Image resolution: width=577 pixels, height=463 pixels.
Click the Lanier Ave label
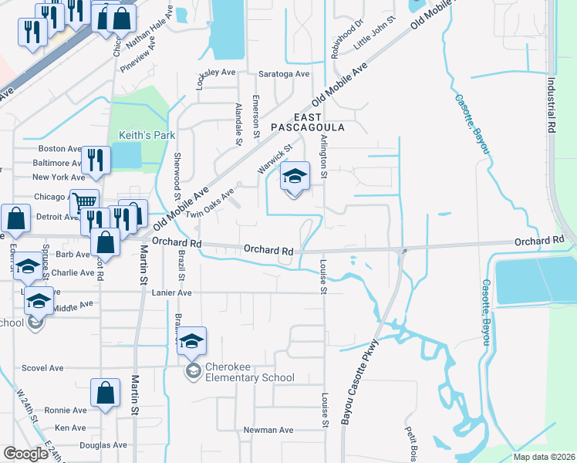pyautogui.click(x=171, y=293)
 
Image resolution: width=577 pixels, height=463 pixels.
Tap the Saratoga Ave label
pyautogui.click(x=288, y=74)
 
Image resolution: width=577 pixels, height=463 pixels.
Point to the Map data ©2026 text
pyautogui.click(x=544, y=457)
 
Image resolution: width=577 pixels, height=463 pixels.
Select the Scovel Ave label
pyautogui.click(x=46, y=368)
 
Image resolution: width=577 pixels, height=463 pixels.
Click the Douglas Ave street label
pyautogui.click(x=103, y=445)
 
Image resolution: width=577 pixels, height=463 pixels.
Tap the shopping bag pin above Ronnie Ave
pyautogui.click(x=105, y=393)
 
